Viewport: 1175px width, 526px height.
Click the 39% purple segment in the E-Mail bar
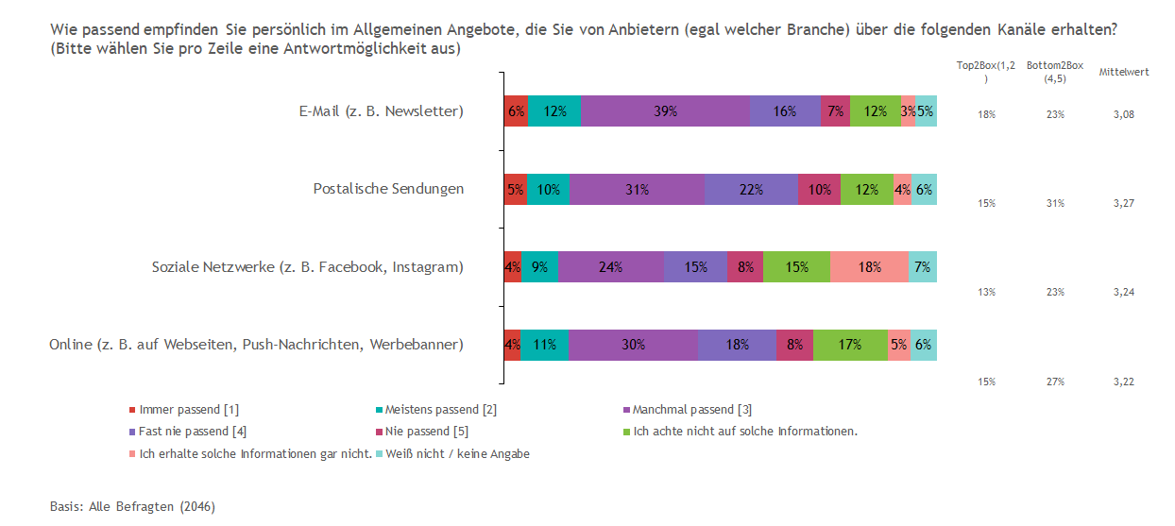[x=665, y=111]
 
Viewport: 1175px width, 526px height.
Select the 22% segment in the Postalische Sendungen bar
[x=751, y=189]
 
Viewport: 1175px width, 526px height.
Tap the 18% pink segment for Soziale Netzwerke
[x=869, y=267]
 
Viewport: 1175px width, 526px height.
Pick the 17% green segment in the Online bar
[x=850, y=345]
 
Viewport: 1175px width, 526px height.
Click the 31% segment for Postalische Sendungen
[x=637, y=189]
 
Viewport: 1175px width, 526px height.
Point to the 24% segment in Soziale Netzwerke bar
[x=611, y=267]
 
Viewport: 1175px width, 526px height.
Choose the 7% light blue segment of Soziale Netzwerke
[x=922, y=267]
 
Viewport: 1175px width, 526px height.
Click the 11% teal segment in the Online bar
[x=544, y=345]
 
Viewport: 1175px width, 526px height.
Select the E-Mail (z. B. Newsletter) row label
[x=382, y=111]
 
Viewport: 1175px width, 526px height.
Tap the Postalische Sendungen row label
[x=389, y=189]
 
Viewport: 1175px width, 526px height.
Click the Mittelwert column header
[x=1124, y=72]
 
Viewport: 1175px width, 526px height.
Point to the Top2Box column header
[x=986, y=72]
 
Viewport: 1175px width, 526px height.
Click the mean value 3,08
[x=1124, y=114]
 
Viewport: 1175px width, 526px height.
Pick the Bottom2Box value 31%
[x=1055, y=203]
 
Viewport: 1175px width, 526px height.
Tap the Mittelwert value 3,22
[x=1124, y=382]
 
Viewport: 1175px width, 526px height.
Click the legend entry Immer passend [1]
[x=184, y=410]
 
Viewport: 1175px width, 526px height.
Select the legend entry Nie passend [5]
[x=422, y=432]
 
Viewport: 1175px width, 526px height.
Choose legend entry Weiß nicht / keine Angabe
[x=453, y=453]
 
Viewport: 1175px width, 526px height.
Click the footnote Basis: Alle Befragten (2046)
[x=133, y=506]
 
